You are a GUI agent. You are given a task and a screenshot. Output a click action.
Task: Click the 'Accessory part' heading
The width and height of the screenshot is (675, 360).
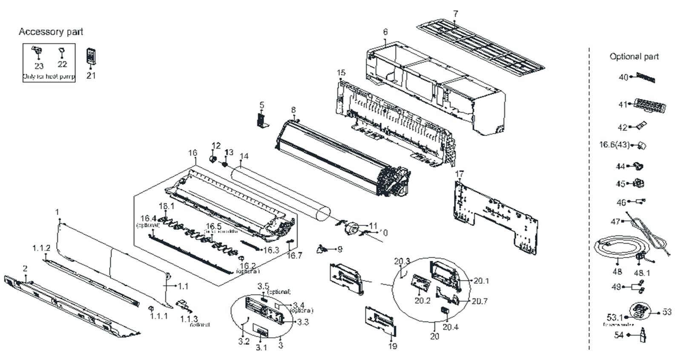pyautogui.click(x=51, y=32)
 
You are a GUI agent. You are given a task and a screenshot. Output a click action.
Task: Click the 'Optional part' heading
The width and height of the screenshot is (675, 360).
pyautogui.click(x=634, y=57)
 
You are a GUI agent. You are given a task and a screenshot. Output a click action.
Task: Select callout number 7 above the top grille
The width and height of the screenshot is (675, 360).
pyautogui.click(x=456, y=14)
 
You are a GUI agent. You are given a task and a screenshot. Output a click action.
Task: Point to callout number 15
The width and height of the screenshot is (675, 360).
pyautogui.click(x=341, y=72)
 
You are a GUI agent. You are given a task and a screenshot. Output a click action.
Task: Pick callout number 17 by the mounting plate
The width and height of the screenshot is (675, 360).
pyautogui.click(x=459, y=174)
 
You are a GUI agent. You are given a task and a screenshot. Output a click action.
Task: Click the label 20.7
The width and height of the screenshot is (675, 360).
pyautogui.click(x=480, y=301)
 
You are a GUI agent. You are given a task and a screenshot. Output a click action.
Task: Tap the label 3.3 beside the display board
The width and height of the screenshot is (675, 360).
pyautogui.click(x=303, y=322)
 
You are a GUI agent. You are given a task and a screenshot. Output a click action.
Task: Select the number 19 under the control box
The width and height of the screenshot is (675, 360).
pyautogui.click(x=393, y=346)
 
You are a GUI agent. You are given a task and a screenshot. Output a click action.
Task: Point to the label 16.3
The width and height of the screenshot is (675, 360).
pyautogui.click(x=271, y=250)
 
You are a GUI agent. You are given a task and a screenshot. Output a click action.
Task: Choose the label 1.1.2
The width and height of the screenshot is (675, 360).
pyautogui.click(x=42, y=248)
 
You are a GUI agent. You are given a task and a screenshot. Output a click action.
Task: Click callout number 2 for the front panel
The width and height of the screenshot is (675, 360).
pyautogui.click(x=25, y=269)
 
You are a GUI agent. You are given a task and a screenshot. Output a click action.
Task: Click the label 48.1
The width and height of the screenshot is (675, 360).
pyautogui.click(x=642, y=272)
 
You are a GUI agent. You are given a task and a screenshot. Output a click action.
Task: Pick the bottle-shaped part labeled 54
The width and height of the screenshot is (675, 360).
pyautogui.click(x=643, y=334)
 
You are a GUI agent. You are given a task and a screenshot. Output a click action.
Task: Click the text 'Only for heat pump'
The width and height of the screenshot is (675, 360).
pyautogui.click(x=49, y=77)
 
